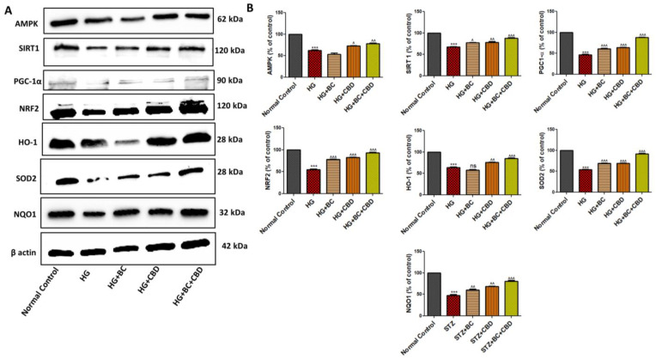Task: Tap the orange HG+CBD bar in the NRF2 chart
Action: [352, 174]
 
